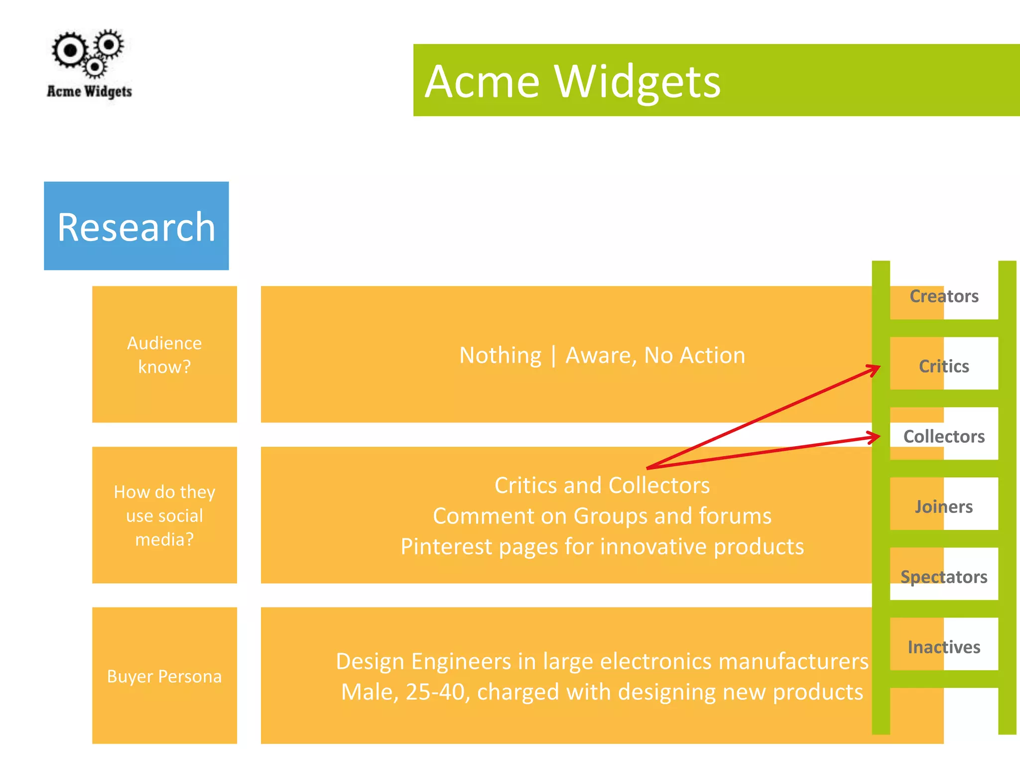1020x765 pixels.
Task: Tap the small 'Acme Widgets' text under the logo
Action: coord(89,92)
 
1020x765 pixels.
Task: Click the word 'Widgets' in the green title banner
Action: coord(637,82)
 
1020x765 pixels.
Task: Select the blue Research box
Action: coord(136,226)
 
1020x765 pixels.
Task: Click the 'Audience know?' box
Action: coord(164,355)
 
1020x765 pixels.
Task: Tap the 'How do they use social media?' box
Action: coord(164,515)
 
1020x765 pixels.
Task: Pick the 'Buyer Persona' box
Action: coord(164,676)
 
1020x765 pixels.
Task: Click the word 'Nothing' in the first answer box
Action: coord(500,356)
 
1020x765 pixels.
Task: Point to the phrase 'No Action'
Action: coord(694,356)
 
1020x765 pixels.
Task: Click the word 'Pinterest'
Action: coord(446,547)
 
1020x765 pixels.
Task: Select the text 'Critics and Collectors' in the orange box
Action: coord(602,485)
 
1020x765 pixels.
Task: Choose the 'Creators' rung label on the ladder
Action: coord(944,296)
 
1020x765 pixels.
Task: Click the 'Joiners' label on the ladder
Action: coord(944,507)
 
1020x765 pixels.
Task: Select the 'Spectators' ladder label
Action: coord(944,577)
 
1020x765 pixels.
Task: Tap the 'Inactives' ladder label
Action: coord(944,647)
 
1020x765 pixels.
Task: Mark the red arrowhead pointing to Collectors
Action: coord(874,437)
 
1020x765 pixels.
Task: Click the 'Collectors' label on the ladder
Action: coord(944,436)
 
